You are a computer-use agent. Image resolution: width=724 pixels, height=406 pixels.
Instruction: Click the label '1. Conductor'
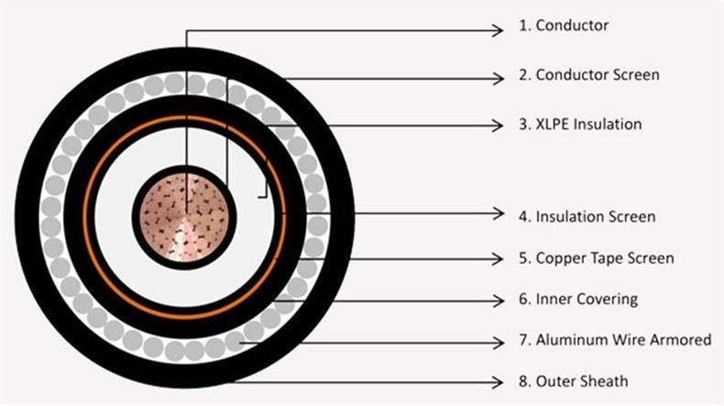click(x=564, y=26)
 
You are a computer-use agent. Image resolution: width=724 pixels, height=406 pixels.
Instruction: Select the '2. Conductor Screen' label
click(x=588, y=75)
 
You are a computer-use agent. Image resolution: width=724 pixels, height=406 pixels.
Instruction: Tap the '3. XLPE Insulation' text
click(x=580, y=125)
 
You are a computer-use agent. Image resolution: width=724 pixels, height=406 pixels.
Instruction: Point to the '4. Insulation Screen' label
click(x=587, y=216)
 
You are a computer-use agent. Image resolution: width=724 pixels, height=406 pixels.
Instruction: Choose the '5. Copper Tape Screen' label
click(x=596, y=258)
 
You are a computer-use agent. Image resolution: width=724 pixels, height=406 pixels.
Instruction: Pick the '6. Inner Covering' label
click(x=578, y=300)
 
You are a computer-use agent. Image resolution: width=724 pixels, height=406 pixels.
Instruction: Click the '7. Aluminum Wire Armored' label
click(x=615, y=340)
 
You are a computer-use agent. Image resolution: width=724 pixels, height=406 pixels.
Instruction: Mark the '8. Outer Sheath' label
click(x=573, y=381)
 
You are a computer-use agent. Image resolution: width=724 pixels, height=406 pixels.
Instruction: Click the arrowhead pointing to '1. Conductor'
click(x=498, y=30)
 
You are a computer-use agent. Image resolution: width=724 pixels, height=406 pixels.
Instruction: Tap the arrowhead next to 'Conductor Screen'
click(x=498, y=79)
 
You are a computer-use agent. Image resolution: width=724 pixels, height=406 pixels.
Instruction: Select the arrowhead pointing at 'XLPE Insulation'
click(x=498, y=126)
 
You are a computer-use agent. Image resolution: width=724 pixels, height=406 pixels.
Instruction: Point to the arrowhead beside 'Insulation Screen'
click(x=498, y=214)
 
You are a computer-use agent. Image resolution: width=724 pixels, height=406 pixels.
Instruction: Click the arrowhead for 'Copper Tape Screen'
click(x=498, y=258)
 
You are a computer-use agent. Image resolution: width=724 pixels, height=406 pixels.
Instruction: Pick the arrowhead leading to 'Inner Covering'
click(x=498, y=302)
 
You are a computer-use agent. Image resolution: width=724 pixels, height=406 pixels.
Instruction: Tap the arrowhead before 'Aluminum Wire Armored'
click(x=498, y=343)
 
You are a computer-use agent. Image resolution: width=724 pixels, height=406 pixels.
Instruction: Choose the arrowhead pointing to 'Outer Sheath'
click(x=498, y=382)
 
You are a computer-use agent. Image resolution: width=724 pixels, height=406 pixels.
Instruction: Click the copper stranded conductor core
click(x=184, y=217)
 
